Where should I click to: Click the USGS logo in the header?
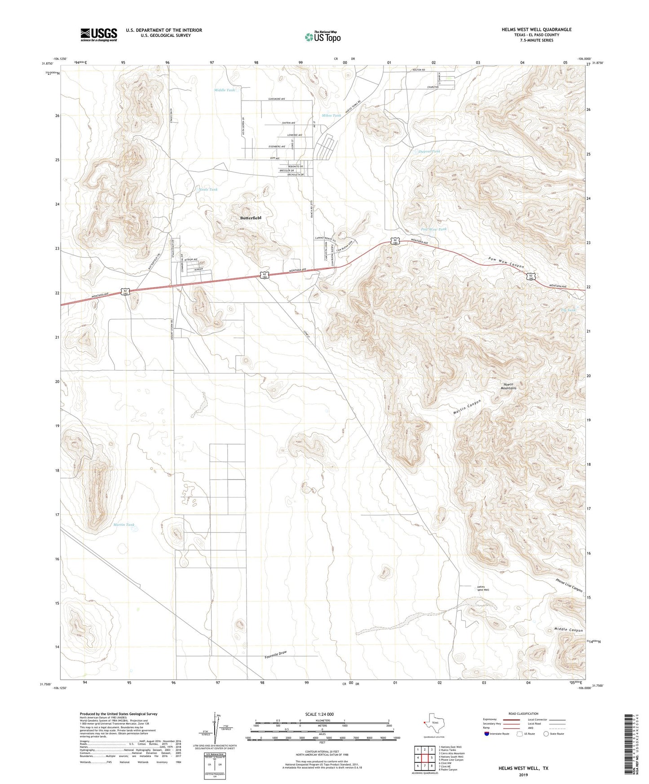click(x=99, y=34)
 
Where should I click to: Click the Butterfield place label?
click(x=250, y=218)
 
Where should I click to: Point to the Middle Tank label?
click(x=224, y=90)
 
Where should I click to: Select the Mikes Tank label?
click(x=331, y=115)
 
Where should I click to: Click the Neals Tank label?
click(x=208, y=189)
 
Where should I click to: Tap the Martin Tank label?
click(x=124, y=524)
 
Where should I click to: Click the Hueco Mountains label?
click(x=509, y=386)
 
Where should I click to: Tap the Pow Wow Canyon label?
click(x=506, y=264)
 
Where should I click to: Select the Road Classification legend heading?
click(x=523, y=714)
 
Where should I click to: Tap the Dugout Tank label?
click(x=429, y=151)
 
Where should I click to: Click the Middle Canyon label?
click(x=568, y=630)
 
